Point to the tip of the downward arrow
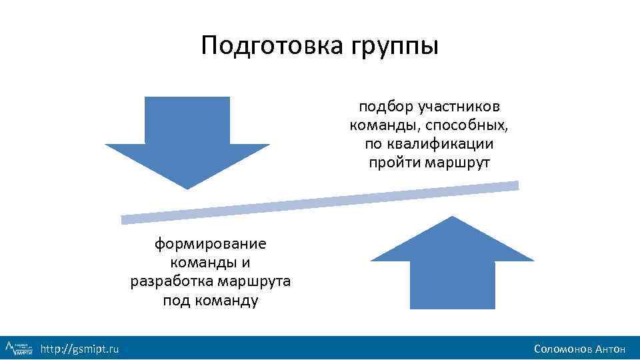(x=188, y=187)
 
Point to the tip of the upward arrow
(x=453, y=218)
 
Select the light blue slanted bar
(x=320, y=202)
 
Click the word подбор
(x=386, y=107)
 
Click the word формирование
(x=210, y=244)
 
